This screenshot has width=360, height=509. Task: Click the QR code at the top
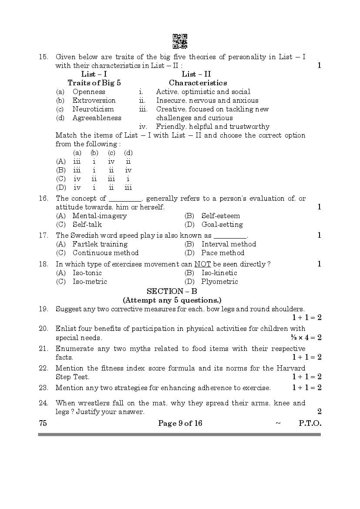point(180,41)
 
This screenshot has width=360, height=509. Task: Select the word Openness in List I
point(89,92)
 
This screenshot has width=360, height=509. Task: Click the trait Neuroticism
point(93,109)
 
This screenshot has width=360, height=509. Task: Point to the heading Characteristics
point(198,83)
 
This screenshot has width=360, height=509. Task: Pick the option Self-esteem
point(220,216)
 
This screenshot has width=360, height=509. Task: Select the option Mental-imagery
point(99,216)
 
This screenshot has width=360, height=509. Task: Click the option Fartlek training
point(100,244)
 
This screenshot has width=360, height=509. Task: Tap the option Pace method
point(222,253)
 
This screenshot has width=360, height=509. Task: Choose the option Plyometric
point(219,282)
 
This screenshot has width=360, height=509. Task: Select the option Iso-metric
point(90,282)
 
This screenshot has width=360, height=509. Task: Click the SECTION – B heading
point(172,291)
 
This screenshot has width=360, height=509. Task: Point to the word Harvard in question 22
point(291,368)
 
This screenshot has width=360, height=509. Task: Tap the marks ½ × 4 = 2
point(306,337)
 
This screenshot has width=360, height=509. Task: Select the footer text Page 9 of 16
point(180,423)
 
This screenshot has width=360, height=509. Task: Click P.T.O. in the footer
point(310,423)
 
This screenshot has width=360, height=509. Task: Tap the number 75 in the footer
point(43,423)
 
